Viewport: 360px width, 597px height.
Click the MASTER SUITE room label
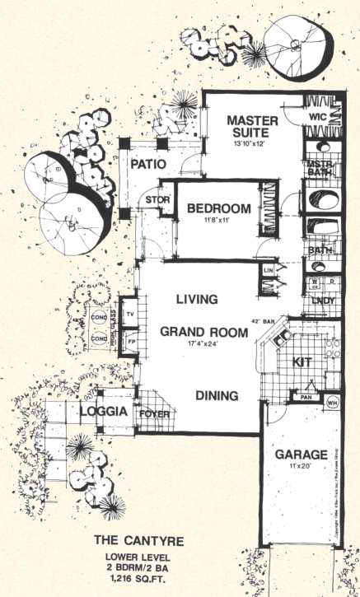[x=253, y=128]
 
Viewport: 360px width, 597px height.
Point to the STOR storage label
[x=157, y=200]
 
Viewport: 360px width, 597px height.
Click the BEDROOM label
[x=218, y=208]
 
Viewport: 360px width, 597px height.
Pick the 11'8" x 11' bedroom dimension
[x=217, y=222]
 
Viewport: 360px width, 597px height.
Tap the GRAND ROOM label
[x=203, y=333]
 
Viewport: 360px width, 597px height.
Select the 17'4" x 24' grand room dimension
[x=203, y=346]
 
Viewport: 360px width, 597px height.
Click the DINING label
[x=217, y=396]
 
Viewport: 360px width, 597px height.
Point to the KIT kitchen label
[x=302, y=361]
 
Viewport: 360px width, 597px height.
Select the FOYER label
[x=153, y=414]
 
